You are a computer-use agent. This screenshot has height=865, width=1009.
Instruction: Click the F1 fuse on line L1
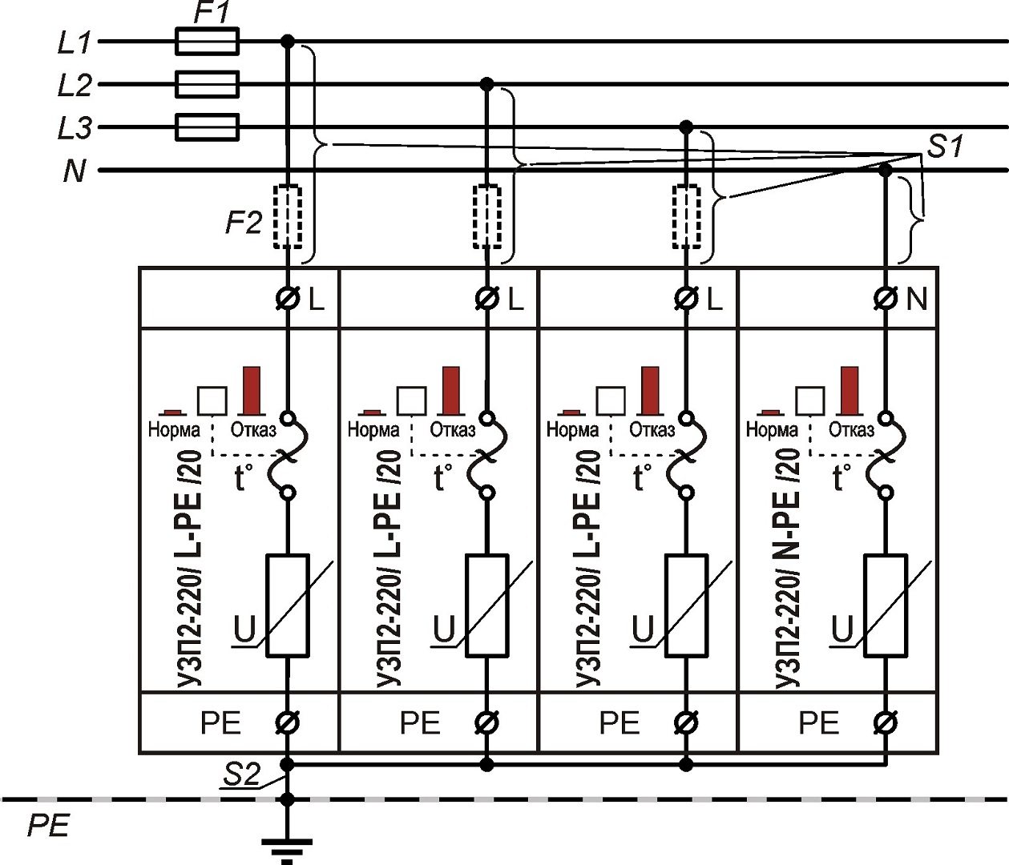[206, 41]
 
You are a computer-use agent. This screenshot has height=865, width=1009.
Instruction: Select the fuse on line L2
[206, 84]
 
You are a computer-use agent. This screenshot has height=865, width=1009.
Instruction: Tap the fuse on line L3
[206, 127]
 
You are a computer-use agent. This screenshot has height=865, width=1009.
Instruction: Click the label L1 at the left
[75, 42]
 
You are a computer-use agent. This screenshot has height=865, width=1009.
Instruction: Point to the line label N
[74, 171]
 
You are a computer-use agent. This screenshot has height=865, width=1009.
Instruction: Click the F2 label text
[243, 222]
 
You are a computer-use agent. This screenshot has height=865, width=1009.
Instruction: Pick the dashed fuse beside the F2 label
[288, 217]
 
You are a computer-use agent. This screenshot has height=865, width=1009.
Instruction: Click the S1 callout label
[945, 147]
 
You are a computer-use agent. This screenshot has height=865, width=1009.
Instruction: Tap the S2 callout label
[241, 774]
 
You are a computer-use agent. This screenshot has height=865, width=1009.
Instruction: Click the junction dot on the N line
[885, 170]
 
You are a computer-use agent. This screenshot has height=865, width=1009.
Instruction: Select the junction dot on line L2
[486, 84]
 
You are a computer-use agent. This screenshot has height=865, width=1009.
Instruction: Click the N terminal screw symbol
[885, 299]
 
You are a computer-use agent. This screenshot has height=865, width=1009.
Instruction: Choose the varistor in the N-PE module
[885, 605]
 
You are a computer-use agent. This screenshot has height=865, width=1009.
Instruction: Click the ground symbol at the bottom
[287, 847]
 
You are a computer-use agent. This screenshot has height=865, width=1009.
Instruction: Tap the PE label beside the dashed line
[48, 826]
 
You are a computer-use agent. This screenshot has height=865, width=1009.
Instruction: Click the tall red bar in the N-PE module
[849, 389]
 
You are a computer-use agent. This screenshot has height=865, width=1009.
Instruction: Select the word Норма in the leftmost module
[174, 430]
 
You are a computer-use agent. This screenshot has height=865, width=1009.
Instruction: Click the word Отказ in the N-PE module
[850, 430]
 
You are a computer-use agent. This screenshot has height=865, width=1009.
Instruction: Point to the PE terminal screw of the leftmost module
[287, 723]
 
